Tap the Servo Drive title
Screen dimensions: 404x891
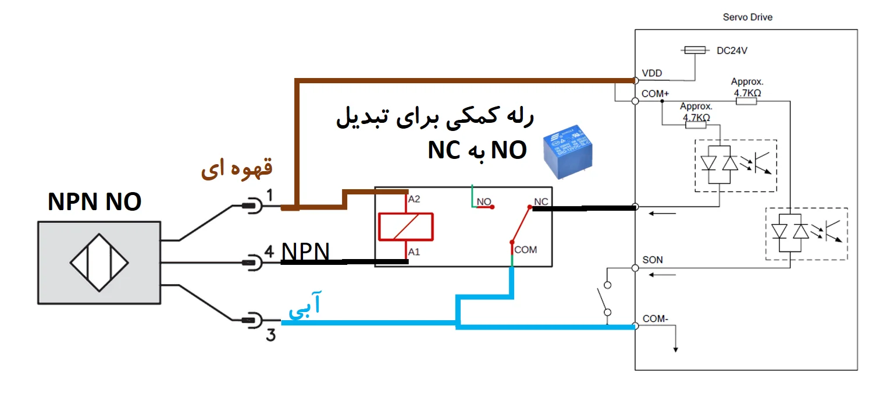pyautogui.click(x=747, y=17)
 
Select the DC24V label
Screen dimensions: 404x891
pyautogui.click(x=732, y=51)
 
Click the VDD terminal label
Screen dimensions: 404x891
pyautogui.click(x=651, y=74)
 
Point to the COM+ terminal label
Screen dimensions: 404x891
pyautogui.click(x=655, y=93)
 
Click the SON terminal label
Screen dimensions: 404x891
pyautogui.click(x=652, y=260)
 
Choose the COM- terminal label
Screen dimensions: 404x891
pyautogui.click(x=655, y=319)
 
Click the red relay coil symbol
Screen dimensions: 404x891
pyautogui.click(x=405, y=226)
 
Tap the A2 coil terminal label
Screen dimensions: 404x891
pyautogui.click(x=414, y=199)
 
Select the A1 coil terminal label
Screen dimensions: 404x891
pyautogui.click(x=414, y=252)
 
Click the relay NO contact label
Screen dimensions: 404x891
pyautogui.click(x=484, y=202)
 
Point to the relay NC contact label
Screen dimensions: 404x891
pyautogui.click(x=541, y=202)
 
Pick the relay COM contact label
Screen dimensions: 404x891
pyautogui.click(x=526, y=250)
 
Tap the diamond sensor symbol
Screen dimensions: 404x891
pyautogui.click(x=99, y=263)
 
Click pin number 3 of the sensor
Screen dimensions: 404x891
pyautogui.click(x=270, y=336)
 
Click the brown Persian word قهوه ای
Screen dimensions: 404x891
pyautogui.click(x=236, y=170)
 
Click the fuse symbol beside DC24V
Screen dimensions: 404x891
pyautogui.click(x=695, y=51)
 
